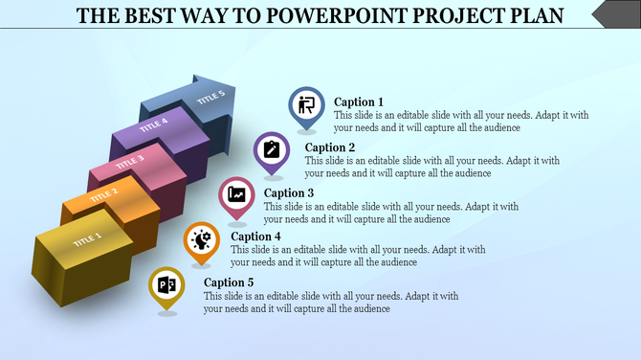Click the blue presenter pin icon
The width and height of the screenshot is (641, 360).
point(307,105)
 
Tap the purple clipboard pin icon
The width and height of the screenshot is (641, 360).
point(272,150)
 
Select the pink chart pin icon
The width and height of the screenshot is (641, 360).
point(236,194)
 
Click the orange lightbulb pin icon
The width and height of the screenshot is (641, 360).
point(201,238)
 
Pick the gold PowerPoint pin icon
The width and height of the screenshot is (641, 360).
point(166,284)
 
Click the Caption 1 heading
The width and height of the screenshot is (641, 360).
point(359,101)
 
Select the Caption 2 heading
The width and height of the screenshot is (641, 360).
point(330,147)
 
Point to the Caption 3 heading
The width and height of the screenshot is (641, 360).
point(289,192)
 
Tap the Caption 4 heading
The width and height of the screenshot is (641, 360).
point(256,236)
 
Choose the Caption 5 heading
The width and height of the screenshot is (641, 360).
point(230,282)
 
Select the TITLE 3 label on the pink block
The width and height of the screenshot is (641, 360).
point(129,160)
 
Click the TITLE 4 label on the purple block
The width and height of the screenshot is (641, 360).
point(154,125)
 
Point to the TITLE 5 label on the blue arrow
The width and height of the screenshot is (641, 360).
point(210,97)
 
